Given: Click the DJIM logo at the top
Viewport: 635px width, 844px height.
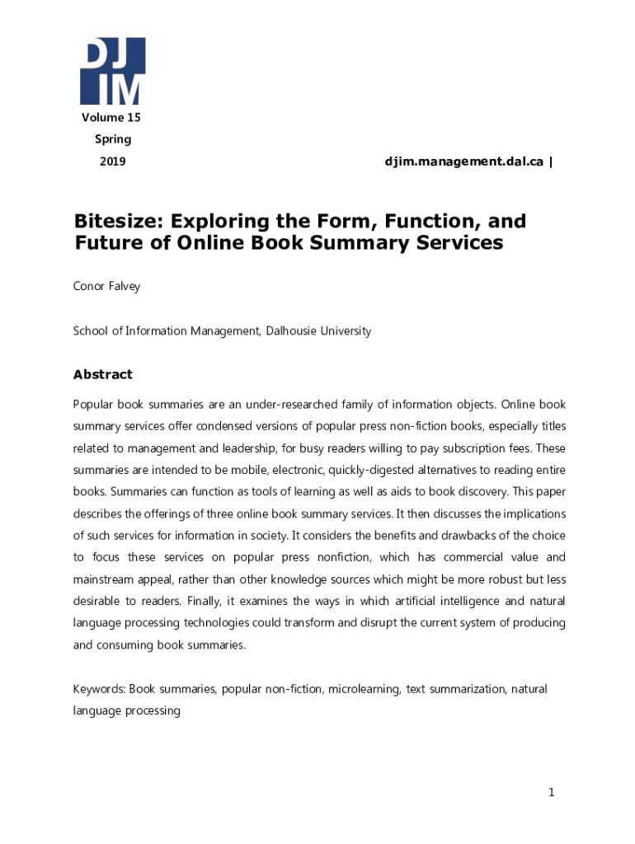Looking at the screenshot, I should (112, 70).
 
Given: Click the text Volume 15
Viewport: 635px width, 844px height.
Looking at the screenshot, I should (111, 118).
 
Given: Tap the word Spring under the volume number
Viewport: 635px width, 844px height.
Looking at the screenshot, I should (112, 139).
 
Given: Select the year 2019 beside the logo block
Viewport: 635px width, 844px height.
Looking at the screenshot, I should (112, 162).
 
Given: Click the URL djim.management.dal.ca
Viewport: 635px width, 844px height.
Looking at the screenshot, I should (463, 162).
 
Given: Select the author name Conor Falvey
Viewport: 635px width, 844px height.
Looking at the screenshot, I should (106, 287).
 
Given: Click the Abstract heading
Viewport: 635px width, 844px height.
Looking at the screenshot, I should (103, 374).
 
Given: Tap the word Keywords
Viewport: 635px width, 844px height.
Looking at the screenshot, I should (97, 688).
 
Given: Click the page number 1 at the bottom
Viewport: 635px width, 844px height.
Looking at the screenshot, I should (552, 793).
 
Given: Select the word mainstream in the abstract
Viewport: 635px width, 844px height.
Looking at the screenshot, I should (102, 579).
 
